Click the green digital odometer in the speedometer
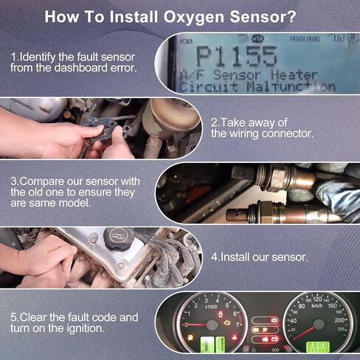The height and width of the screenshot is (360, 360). [317, 346]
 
